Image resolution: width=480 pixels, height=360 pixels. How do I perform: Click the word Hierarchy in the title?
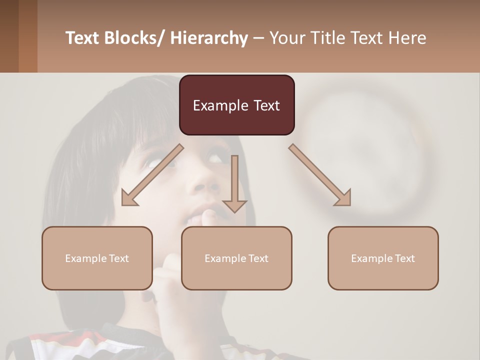[209, 38]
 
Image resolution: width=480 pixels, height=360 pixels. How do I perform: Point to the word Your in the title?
[286, 38]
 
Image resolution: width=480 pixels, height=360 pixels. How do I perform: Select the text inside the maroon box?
[236, 105]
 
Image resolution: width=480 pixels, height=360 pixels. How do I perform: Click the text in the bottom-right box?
[383, 258]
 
